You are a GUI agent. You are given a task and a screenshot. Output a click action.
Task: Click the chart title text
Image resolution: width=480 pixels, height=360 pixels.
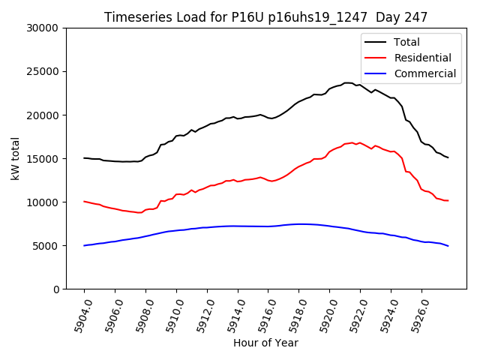tap(265, 17)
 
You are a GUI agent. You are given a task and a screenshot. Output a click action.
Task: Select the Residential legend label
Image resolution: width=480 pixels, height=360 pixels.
tap(422, 58)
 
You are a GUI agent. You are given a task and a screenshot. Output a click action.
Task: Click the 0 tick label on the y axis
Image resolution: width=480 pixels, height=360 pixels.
tap(56, 289)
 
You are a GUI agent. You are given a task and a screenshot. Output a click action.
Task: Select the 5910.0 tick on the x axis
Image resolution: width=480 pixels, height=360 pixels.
tap(169, 315)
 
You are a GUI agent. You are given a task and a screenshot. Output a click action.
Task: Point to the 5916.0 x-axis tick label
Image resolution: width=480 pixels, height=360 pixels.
tap(261, 315)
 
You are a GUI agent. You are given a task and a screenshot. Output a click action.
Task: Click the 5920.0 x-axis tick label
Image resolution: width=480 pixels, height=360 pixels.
tap(322, 315)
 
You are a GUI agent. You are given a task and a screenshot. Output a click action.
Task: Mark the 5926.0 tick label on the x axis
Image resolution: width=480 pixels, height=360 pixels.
tap(414, 315)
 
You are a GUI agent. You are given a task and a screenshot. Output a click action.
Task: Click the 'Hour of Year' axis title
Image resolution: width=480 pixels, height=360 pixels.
tap(265, 343)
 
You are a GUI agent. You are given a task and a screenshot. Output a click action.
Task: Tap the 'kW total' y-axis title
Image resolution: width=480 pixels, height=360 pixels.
tap(16, 158)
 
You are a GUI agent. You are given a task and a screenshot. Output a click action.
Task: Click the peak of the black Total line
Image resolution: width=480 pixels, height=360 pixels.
tap(347, 82)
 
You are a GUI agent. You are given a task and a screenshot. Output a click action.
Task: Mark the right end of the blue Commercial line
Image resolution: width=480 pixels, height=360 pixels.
tap(448, 246)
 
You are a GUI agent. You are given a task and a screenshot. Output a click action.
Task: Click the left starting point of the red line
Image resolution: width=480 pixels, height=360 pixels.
tap(84, 201)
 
